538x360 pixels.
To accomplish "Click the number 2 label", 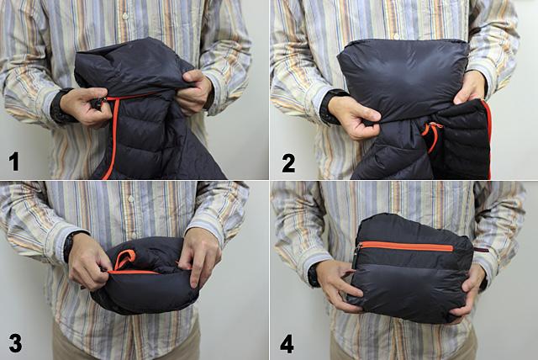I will coord(288,162).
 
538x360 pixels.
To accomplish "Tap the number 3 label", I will coord(15,342).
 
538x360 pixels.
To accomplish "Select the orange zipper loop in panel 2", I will coord(432,133).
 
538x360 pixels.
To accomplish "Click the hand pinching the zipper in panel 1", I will coord(84,106).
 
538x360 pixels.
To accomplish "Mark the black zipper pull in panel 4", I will coord(356,252).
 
